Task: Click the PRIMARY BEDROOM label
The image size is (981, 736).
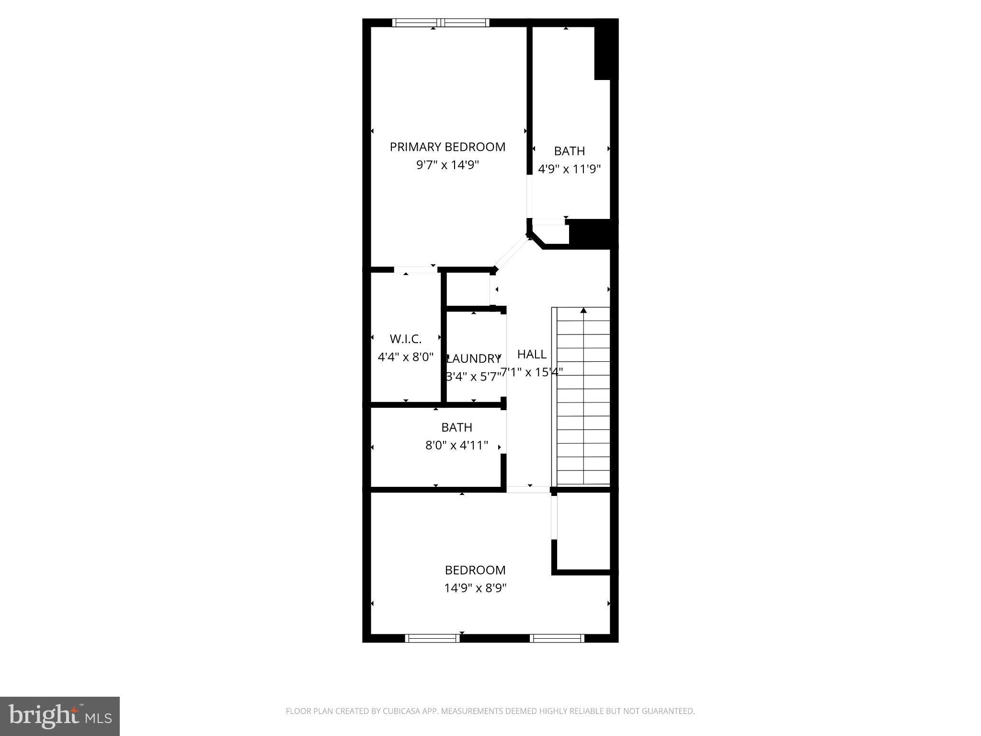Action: tap(447, 147)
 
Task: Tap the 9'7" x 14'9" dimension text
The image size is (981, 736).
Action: tap(447, 165)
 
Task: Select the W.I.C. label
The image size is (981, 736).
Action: tap(406, 339)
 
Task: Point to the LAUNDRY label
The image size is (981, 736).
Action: tap(474, 358)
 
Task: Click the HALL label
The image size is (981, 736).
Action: tap(532, 354)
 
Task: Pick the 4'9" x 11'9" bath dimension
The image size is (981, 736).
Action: tap(569, 169)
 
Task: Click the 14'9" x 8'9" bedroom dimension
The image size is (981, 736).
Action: tap(475, 588)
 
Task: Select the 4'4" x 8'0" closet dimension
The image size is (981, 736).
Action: tap(406, 357)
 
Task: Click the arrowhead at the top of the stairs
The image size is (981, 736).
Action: tap(583, 310)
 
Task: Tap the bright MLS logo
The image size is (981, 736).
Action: tap(60, 716)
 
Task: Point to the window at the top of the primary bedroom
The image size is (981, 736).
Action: tap(441, 22)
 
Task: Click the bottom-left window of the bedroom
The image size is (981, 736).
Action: tap(432, 638)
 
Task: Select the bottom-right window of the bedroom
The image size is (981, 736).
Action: tap(557, 638)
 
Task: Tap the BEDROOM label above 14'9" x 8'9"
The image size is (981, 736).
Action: tap(475, 570)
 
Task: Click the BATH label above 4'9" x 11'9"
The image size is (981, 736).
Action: tap(569, 151)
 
